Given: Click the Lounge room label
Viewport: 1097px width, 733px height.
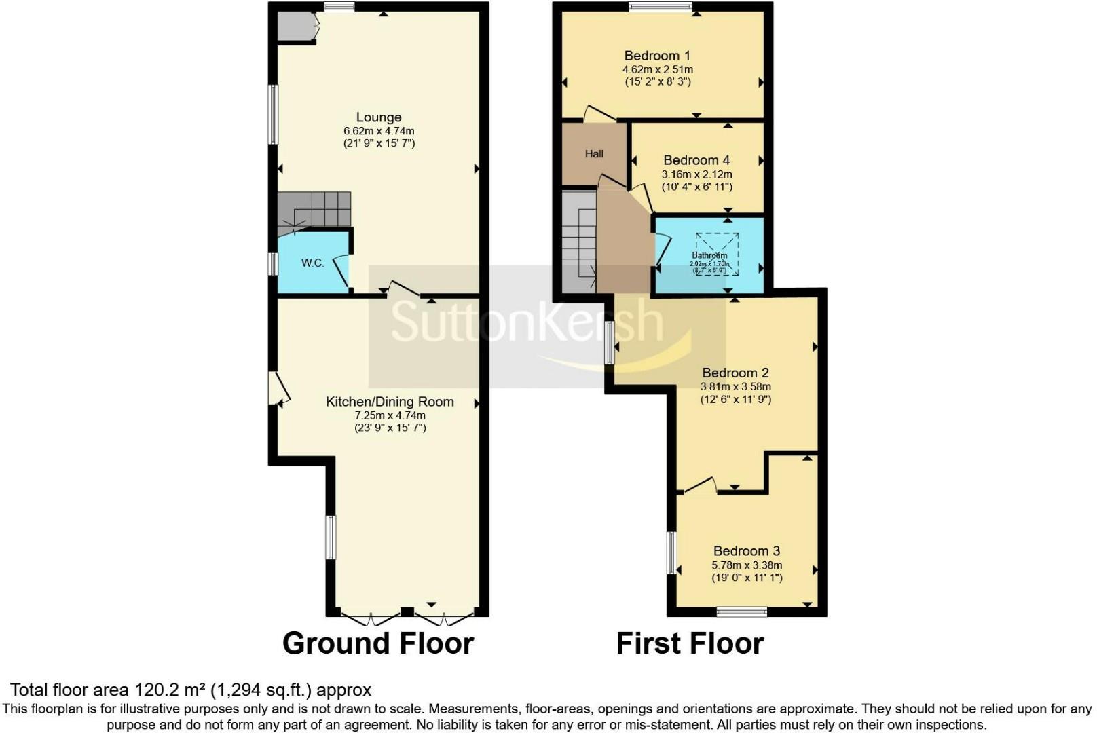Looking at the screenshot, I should [x=379, y=117].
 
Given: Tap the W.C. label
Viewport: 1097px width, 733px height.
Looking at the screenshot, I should [x=312, y=263].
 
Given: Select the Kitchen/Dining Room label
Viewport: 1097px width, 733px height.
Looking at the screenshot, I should [x=390, y=402].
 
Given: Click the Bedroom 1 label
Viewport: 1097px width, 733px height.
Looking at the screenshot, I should [x=657, y=56].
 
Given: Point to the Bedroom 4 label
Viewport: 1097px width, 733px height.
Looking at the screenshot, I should [x=696, y=160].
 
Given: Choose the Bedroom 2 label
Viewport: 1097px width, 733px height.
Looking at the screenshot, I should [x=735, y=373].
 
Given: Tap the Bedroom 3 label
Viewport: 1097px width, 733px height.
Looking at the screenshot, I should [x=746, y=551].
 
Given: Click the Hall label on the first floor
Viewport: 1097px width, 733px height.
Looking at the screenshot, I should [x=594, y=154].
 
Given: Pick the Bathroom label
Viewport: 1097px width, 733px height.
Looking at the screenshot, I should [x=709, y=255].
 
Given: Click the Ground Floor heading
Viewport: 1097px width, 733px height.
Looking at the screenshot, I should [x=377, y=643].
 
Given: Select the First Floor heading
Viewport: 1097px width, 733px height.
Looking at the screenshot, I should [x=690, y=643].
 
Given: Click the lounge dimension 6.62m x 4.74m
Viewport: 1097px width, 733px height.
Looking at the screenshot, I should [x=379, y=131].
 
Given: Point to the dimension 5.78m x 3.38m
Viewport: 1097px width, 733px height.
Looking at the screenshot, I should [x=747, y=565].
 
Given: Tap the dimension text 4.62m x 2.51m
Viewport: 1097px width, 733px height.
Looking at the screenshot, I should [x=657, y=69].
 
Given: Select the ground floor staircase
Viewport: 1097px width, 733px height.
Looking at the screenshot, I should [x=314, y=210].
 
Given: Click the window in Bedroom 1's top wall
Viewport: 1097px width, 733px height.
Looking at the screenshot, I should [x=660, y=7].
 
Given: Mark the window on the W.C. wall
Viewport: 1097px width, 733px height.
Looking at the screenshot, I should [x=273, y=263].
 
